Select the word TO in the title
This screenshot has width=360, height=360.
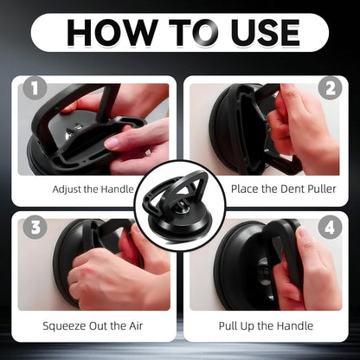tap(180, 32)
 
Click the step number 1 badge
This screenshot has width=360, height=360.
tap(33, 89)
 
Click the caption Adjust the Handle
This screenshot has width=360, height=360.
tap(93, 188)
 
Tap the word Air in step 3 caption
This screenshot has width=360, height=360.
tap(131, 326)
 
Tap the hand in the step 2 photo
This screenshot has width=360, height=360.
tap(299, 130)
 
